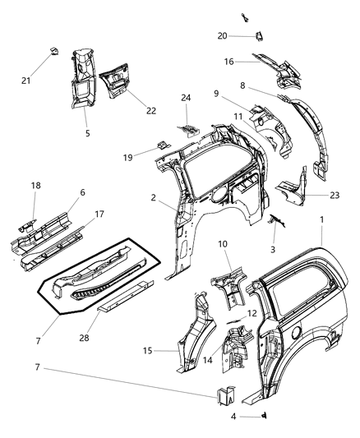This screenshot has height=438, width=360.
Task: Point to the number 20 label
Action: (x=222, y=35)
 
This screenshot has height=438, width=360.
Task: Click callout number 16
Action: (x=230, y=62)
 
